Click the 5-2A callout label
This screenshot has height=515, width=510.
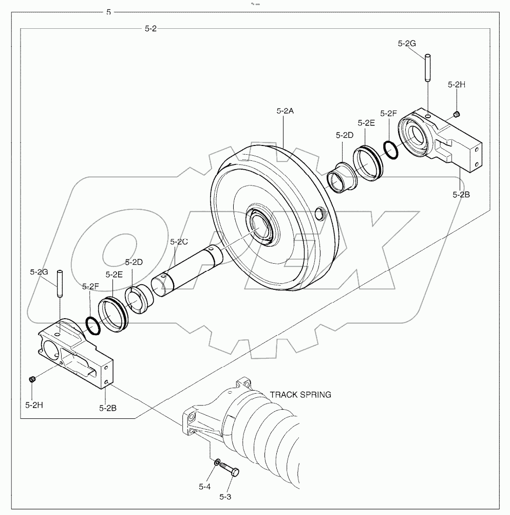[285, 111]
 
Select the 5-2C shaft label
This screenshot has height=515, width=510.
[179, 241]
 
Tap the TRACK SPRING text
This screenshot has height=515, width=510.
[300, 395]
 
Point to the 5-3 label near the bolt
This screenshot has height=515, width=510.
[226, 496]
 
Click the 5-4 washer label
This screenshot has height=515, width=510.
[204, 486]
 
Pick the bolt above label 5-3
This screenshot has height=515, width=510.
[229, 469]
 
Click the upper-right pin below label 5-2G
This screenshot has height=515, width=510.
[427, 68]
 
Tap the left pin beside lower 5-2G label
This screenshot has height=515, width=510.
[59, 283]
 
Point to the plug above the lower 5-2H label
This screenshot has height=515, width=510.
[32, 379]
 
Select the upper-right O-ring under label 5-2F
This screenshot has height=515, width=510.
[390, 150]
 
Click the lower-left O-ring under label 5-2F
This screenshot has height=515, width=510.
[93, 325]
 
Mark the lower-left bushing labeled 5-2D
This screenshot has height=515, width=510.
[139, 299]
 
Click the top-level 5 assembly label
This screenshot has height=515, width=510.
[108, 11]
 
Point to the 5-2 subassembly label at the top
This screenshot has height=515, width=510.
[150, 29]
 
